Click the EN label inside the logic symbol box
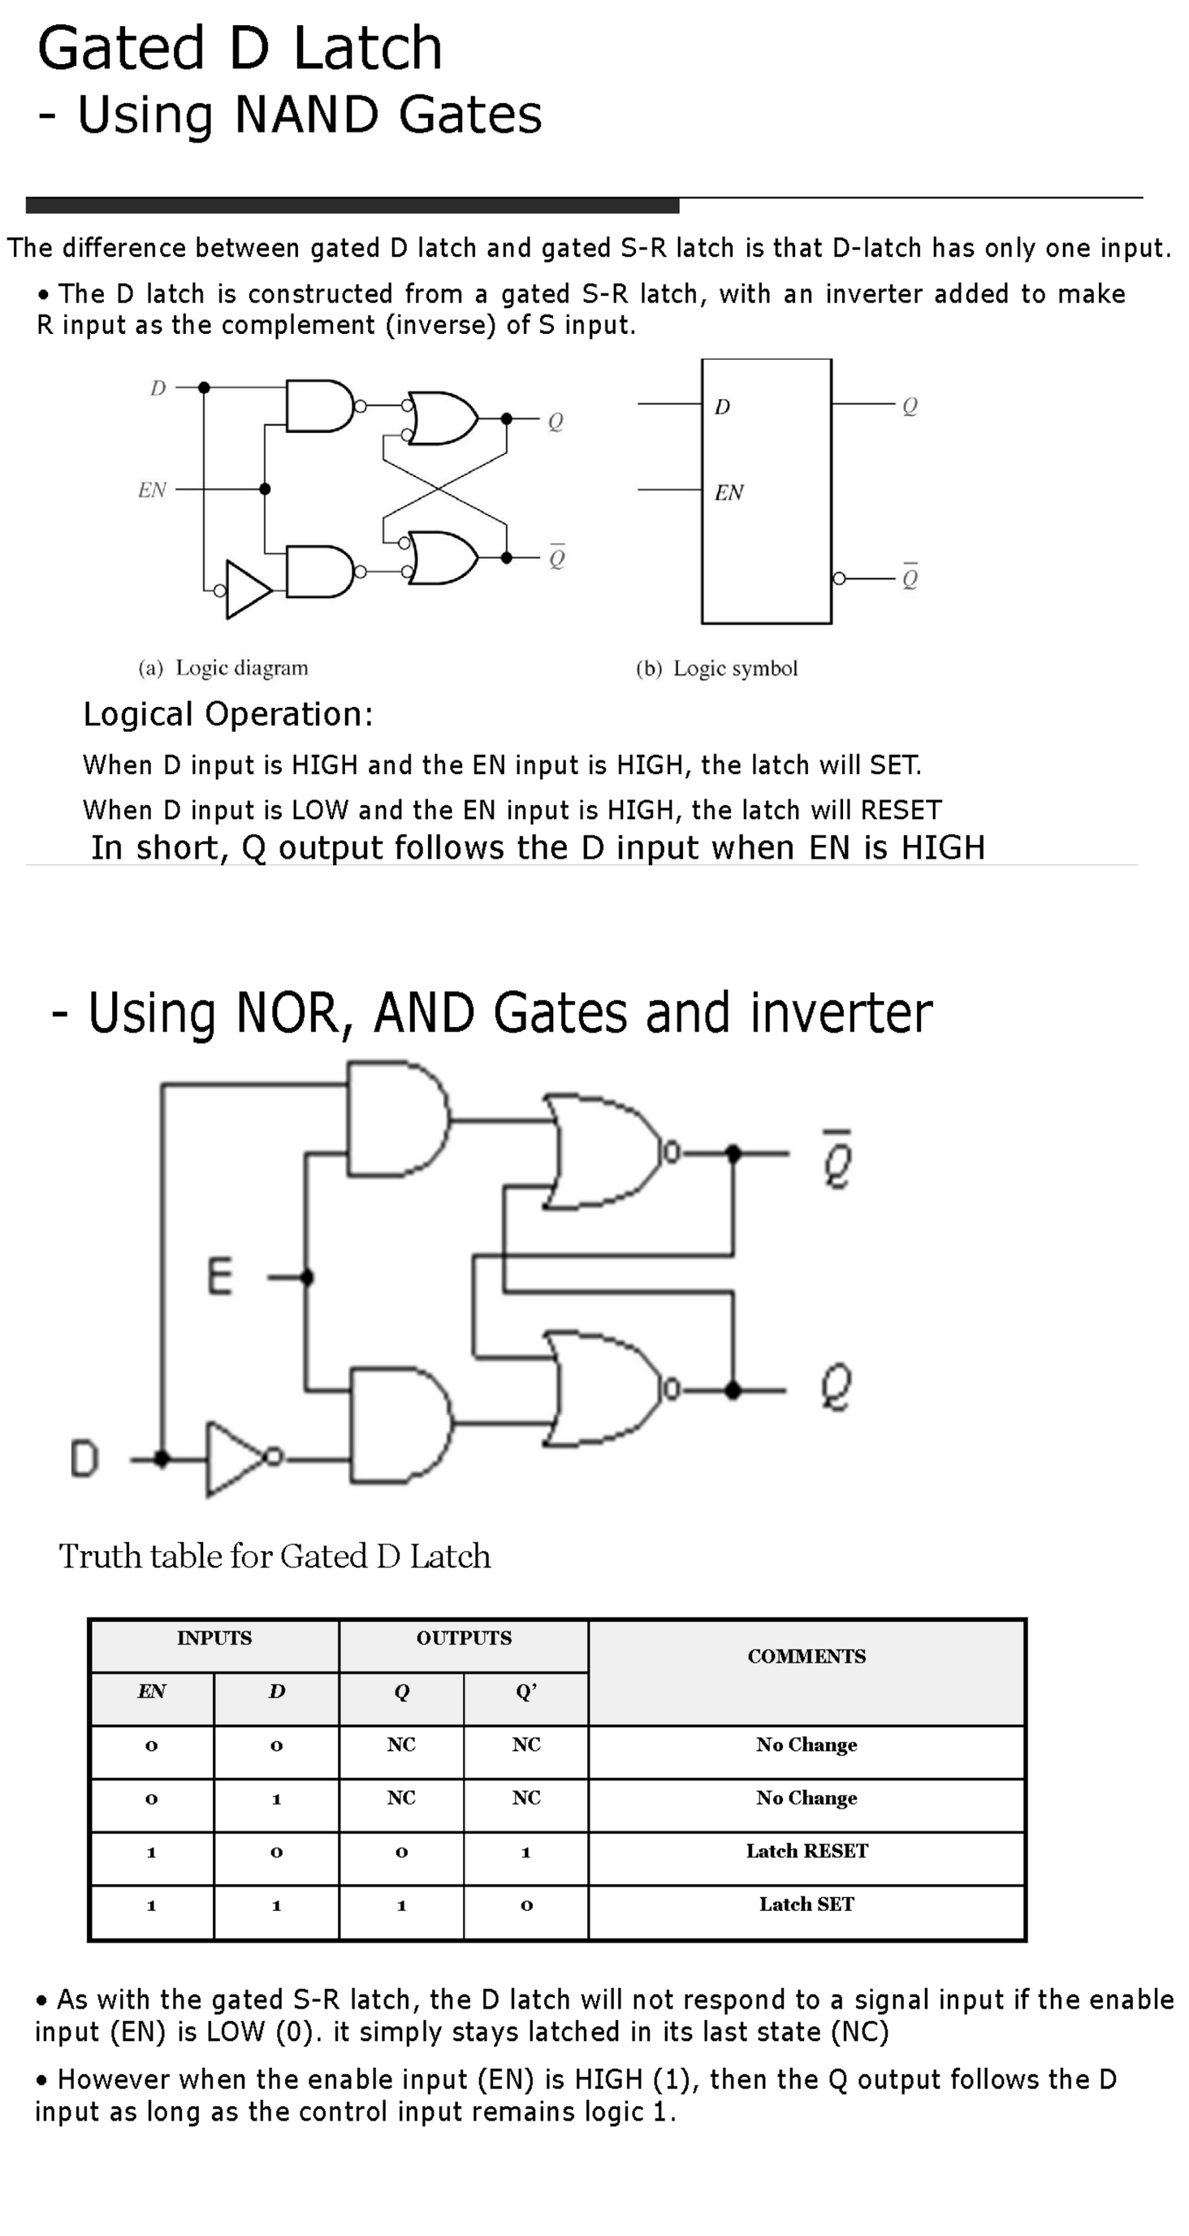729,493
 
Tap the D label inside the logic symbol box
722,407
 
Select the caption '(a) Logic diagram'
223,668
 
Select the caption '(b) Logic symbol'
716,669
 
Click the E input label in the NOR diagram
219,1277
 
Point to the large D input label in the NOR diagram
84,1458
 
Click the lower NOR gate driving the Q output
603,1389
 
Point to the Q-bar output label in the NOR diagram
837,1159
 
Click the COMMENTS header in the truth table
806,1656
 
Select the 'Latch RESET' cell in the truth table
806,1852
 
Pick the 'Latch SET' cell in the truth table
806,1904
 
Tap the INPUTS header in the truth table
214,1638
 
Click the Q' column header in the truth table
526,1691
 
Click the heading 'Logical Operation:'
228,714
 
